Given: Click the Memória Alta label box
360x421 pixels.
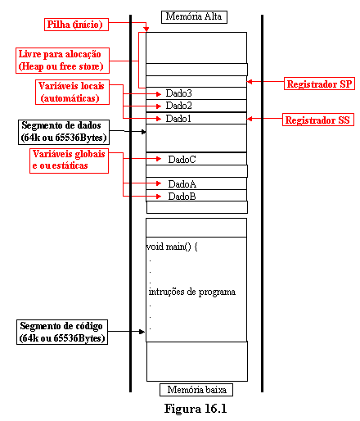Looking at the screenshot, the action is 194,17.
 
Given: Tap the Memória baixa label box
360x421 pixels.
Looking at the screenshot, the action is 196,390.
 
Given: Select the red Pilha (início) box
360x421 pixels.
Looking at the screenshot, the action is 76,25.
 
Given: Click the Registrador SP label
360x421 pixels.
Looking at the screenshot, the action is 319,84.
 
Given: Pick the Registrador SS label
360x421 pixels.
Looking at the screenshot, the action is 318,120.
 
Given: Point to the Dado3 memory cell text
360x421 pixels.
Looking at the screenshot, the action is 179,93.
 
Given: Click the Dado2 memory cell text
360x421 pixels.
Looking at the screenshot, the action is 179,106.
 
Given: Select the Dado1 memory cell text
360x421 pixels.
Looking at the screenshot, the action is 178,119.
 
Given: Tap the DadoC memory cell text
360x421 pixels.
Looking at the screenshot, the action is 182,160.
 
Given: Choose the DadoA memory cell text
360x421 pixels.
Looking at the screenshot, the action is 182,184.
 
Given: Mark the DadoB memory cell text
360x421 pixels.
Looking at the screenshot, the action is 182,197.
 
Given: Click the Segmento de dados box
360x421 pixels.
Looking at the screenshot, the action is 64,132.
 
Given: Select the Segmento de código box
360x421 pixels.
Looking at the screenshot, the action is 62,332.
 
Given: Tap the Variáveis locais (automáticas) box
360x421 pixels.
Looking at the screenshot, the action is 72,92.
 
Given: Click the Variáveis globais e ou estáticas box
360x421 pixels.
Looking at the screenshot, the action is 69,161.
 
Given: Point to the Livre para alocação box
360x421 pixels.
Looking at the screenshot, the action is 62,61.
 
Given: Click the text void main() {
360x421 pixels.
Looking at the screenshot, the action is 172,247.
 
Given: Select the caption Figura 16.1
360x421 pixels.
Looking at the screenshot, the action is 196,409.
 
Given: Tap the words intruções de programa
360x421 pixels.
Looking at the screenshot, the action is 192,292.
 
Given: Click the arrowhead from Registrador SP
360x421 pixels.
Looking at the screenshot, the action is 250,81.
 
